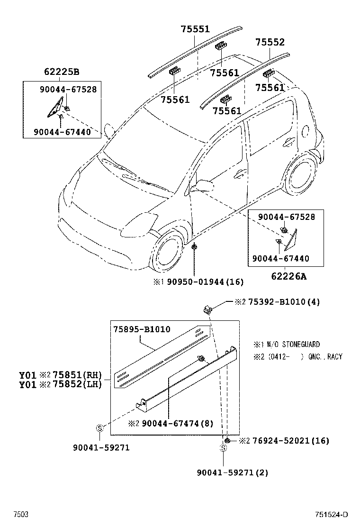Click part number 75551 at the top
[195, 29]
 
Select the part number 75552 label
[270, 42]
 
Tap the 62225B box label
[62, 73]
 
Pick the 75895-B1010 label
[142, 329]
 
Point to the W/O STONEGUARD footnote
[291, 345]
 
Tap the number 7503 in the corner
[20, 515]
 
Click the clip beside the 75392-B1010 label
[207, 309]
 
